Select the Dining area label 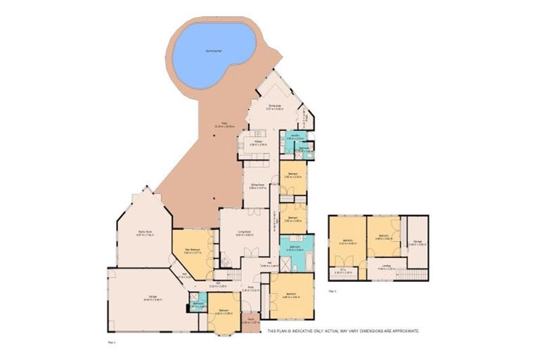click(x=274, y=106)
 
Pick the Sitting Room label click(x=257, y=186)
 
